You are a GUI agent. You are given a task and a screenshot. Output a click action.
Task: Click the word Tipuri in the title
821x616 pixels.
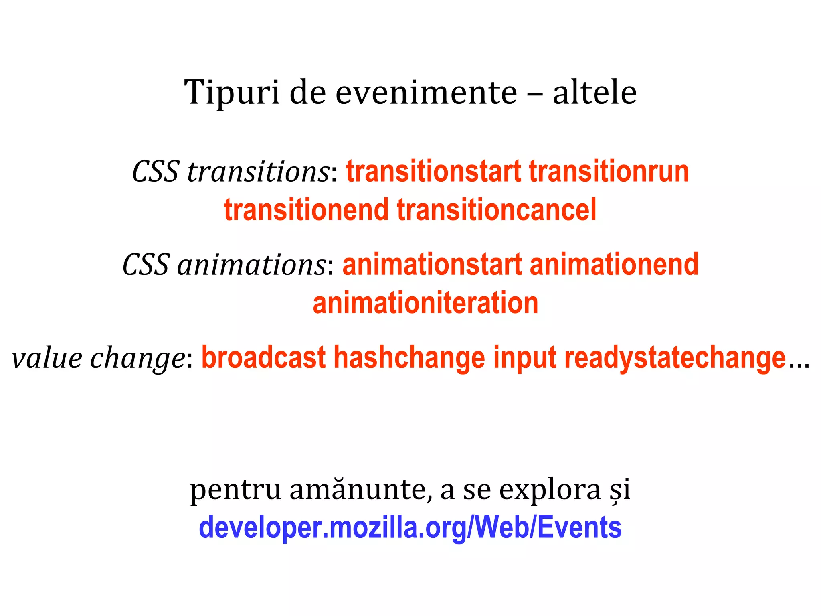(232, 93)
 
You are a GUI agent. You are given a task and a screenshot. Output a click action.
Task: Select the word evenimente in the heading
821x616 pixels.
(426, 93)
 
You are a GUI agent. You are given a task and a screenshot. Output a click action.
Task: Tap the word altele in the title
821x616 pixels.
(595, 93)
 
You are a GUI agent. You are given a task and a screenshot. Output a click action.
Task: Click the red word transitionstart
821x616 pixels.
(433, 172)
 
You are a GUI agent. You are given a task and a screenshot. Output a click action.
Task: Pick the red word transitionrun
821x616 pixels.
(609, 172)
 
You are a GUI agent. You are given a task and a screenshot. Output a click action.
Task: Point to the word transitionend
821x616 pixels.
(306, 210)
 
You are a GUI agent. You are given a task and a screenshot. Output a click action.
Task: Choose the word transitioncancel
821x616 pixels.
(497, 210)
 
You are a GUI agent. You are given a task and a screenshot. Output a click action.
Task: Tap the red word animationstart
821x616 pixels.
(432, 265)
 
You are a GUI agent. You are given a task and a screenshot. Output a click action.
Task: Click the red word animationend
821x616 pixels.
(614, 265)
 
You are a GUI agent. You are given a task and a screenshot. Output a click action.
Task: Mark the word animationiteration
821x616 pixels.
(425, 303)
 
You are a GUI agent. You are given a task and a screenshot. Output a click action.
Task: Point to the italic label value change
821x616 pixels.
(98, 358)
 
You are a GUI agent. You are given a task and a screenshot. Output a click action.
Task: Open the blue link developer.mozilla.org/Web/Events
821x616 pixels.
(410, 528)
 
